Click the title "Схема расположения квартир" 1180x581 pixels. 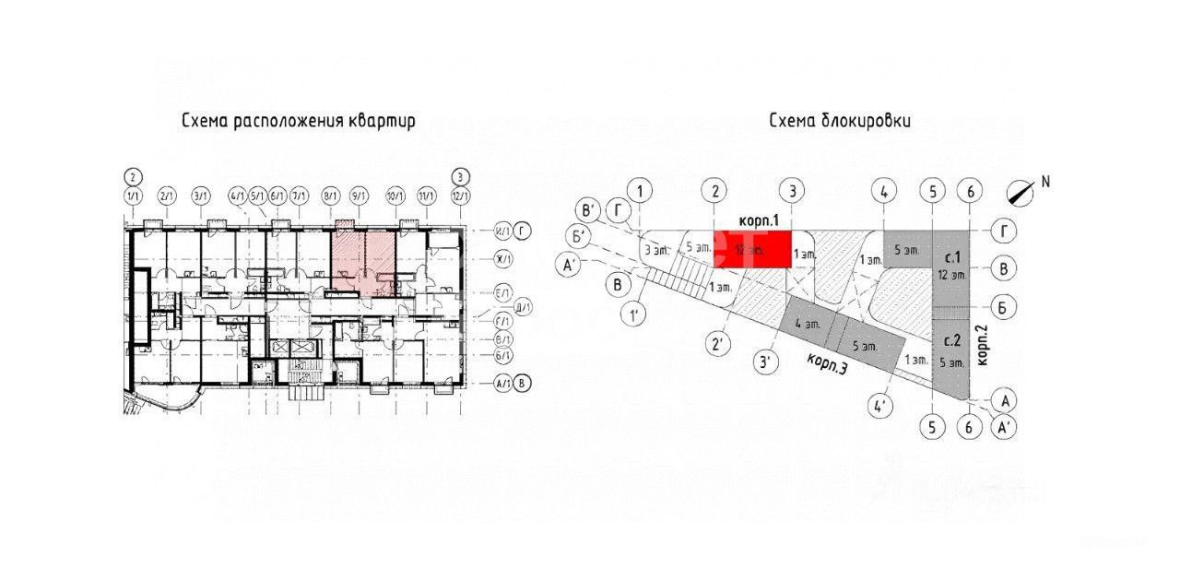click(298, 122)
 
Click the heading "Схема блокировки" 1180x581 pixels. click(839, 122)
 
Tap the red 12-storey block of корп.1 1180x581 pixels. click(752, 249)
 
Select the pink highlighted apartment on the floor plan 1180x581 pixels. click(364, 262)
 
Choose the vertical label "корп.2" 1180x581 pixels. click(982, 344)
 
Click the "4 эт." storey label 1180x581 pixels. click(808, 325)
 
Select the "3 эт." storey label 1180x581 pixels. click(655, 249)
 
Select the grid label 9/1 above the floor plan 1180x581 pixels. click(359, 196)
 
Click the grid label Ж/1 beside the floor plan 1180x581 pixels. click(501, 261)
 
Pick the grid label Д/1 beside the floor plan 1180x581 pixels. click(523, 308)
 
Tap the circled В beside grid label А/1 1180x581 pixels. click(524, 384)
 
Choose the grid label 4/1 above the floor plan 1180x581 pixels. click(238, 196)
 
